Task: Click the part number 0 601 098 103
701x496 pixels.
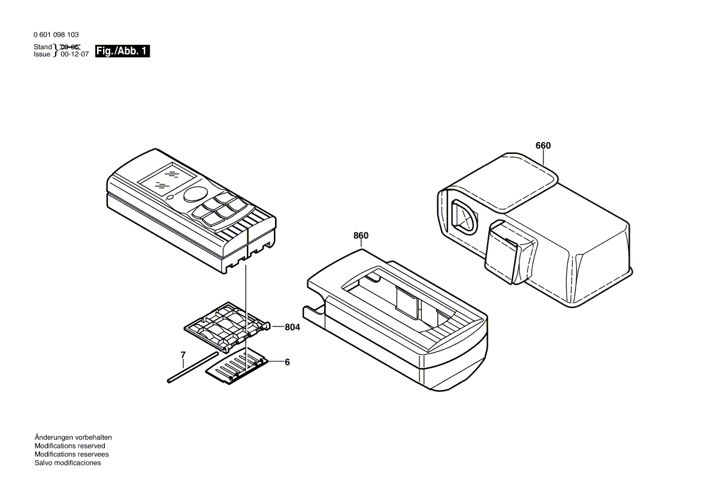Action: pos(56,34)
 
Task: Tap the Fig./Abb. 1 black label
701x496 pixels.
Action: pos(122,51)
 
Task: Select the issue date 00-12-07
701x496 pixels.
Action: pos(75,54)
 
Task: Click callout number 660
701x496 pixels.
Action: pos(543,145)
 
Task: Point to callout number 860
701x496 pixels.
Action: pos(361,235)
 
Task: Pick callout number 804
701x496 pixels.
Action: pos(292,327)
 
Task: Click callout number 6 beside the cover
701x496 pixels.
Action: pos(287,362)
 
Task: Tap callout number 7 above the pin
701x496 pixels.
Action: pos(183,355)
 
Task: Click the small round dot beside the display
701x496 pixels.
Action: pos(170,196)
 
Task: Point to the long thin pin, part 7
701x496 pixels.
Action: pos(193,367)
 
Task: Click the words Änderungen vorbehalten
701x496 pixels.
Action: pos(73,437)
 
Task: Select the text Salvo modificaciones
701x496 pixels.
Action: pos(68,463)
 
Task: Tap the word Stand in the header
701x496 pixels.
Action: pos(43,47)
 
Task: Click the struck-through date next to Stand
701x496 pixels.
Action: pos(70,47)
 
